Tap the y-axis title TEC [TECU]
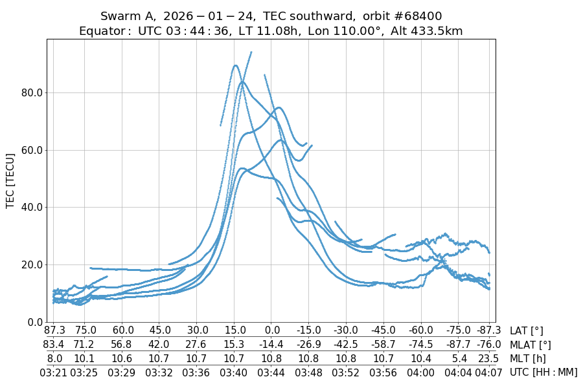click(10, 181)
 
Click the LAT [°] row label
click(526, 330)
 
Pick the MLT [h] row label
click(527, 358)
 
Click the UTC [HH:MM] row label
click(543, 372)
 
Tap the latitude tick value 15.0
click(234, 330)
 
